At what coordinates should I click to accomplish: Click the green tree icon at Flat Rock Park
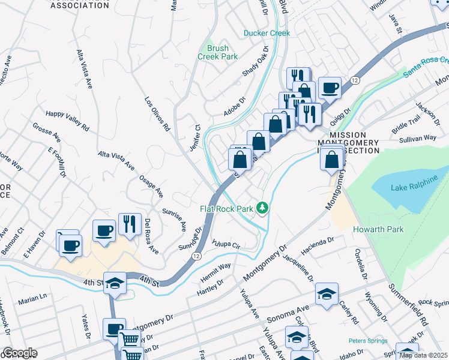pos(262,208)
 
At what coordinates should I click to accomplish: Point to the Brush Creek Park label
pos(217,52)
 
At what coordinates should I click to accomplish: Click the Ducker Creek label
pos(267,34)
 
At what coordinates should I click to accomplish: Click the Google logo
pos(19,353)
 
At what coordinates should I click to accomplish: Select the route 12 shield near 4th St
pos(197,256)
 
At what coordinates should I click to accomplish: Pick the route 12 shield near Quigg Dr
pos(355,80)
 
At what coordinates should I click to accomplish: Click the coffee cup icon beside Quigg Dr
pos(329,88)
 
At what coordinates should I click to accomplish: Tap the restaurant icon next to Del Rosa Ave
pos(130,224)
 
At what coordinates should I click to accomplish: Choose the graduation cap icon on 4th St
pos(114,283)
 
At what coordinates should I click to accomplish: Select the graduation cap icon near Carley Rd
pos(327,294)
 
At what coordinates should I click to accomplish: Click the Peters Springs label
pos(367,341)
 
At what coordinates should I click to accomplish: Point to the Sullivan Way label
pos(418,138)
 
